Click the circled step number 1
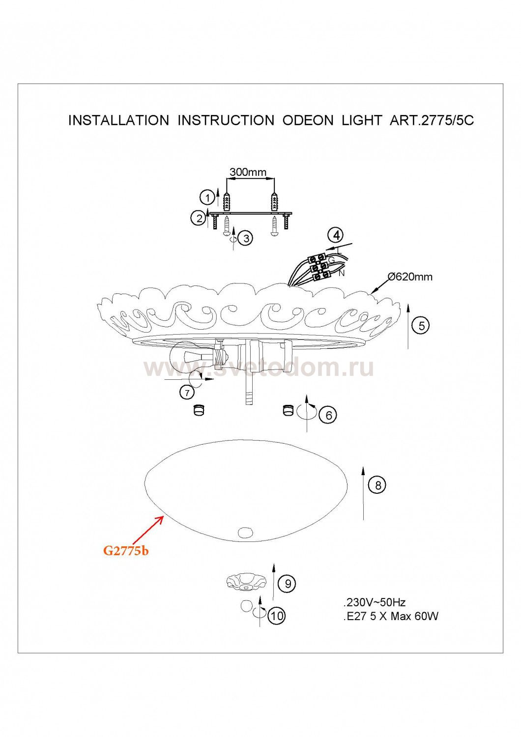click(x=207, y=198)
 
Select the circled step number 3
click(x=246, y=238)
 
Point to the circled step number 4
click(x=335, y=235)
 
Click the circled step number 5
click(x=422, y=326)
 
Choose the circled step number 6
click(x=328, y=415)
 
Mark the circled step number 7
click(x=187, y=393)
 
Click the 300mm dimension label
click(x=248, y=172)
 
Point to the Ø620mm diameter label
click(x=409, y=277)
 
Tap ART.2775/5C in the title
click(x=432, y=121)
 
